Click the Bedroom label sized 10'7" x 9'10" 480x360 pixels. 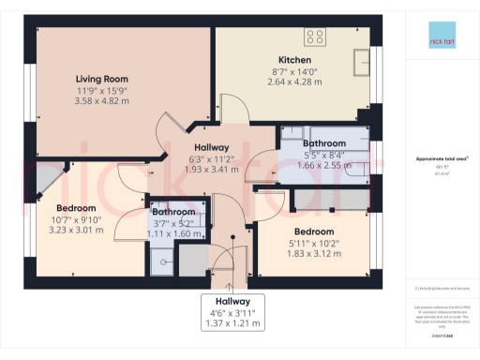[x=76, y=207]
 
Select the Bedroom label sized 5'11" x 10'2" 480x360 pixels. [x=314, y=232]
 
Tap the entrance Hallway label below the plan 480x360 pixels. [x=232, y=301]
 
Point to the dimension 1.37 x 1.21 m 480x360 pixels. [x=232, y=323]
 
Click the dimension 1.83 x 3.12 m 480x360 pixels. [x=314, y=253]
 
